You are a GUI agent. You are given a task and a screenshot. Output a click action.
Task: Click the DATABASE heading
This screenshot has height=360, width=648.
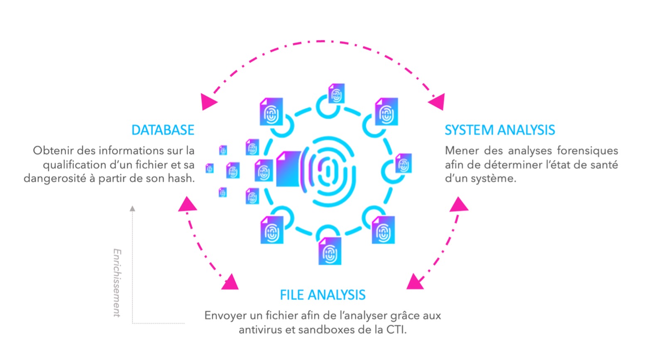163,130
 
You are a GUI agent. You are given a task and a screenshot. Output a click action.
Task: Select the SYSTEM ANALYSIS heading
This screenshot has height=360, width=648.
499,130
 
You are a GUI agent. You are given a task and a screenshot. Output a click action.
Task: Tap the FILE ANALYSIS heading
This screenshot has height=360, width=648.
323,295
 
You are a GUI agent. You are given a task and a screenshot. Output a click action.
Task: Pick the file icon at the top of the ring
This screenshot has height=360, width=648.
336,94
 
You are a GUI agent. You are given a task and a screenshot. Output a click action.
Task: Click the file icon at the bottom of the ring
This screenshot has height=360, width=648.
330,251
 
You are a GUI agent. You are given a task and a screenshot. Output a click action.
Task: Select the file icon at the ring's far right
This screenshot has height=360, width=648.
403,163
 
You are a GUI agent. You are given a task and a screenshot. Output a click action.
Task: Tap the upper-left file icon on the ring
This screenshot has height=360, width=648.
271,112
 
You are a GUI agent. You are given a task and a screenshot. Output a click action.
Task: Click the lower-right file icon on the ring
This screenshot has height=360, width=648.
383,230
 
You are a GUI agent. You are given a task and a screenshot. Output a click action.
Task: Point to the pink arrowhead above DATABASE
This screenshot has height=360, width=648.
208,102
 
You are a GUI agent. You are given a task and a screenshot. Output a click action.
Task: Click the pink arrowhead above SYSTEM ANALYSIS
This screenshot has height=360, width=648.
438,102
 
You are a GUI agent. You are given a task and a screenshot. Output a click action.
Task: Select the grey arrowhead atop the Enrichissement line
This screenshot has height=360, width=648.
132,208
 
